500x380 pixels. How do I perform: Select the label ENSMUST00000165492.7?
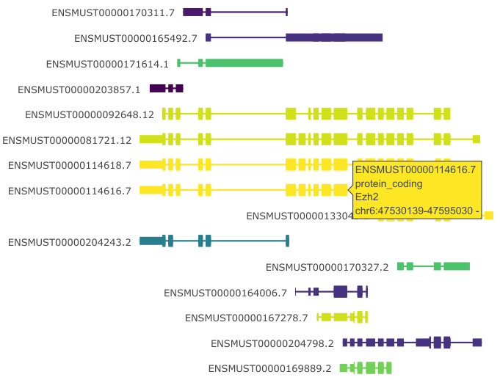(136, 38)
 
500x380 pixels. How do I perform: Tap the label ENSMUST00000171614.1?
(107, 64)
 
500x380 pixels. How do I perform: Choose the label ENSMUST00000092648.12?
(90, 114)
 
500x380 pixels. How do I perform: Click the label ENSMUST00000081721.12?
(67, 140)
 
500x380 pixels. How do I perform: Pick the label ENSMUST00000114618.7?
(70, 166)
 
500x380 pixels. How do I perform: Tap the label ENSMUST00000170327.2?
(327, 267)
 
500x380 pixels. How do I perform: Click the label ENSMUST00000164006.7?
(225, 293)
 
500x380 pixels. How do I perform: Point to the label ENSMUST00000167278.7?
(246, 318)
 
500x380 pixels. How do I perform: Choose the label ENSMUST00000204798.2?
(272, 343)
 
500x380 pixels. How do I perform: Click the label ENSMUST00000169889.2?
(270, 368)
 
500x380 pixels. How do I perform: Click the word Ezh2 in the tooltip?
(369, 197)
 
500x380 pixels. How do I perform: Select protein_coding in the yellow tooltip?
(388, 183)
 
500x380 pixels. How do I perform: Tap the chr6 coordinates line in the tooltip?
(416, 211)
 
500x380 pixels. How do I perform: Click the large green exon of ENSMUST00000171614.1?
(244, 63)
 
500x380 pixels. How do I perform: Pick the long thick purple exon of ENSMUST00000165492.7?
(334, 37)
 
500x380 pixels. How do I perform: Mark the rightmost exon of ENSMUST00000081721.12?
(477, 139)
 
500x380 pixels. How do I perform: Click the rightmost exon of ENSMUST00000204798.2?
(477, 343)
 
